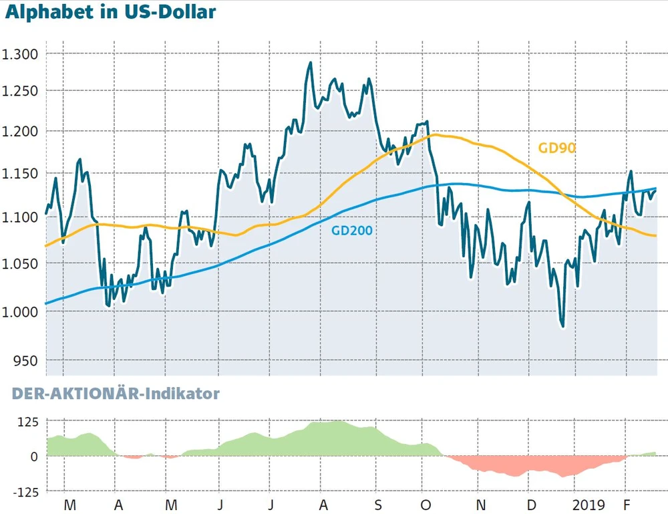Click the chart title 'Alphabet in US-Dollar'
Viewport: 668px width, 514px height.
111,12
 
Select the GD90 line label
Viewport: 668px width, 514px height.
556,148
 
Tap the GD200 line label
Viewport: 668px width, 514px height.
352,231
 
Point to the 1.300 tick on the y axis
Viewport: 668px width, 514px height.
21,53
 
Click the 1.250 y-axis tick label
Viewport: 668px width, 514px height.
21,92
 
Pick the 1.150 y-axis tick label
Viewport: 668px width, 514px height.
21,174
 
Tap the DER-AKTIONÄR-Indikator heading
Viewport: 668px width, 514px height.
116,394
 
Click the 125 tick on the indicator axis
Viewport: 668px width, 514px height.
28,422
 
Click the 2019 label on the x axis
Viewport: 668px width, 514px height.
591,504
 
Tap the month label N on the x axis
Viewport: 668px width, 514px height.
480,504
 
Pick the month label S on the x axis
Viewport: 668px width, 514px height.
377,504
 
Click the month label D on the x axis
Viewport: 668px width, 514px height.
531,504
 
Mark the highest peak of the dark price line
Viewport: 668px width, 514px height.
310,63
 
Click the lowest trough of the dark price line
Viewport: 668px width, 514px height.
562,326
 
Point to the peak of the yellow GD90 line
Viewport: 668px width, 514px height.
436,135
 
